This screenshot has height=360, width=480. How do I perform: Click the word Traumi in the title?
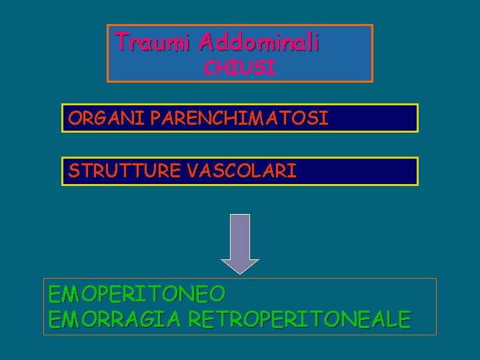(154, 42)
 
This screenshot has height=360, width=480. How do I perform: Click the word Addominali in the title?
(259, 42)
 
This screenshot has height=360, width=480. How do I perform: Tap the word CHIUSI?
(239, 67)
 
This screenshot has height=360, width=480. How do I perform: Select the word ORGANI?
(107, 119)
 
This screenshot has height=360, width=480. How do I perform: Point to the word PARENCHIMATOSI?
(239, 119)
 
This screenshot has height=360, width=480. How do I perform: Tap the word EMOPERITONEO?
(137, 294)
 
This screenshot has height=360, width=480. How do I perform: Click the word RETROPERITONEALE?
(300, 319)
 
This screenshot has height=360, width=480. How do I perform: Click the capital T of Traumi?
(122, 41)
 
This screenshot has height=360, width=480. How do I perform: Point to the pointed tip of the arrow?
(239, 271)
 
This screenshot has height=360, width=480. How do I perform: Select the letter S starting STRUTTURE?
(73, 171)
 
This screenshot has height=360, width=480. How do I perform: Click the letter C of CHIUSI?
(209, 67)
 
